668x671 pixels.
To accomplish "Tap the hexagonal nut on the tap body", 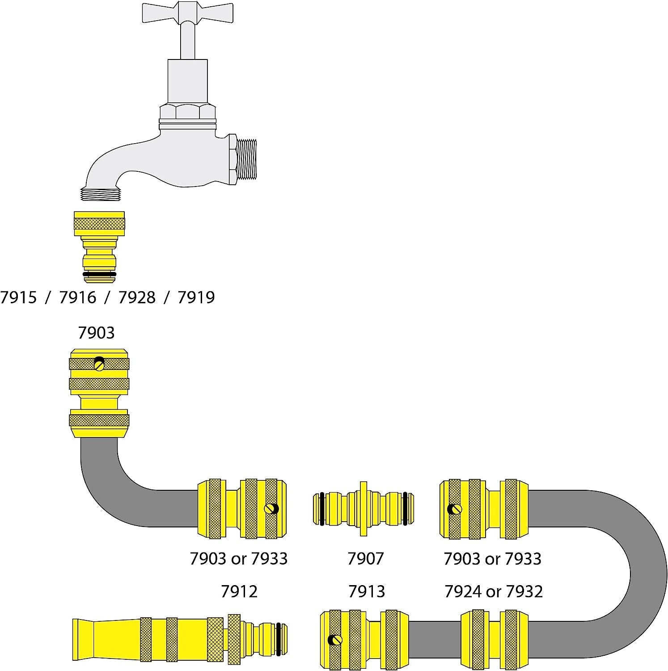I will (187, 111).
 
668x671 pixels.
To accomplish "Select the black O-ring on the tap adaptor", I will (99, 274).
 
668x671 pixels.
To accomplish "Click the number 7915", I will (18, 297).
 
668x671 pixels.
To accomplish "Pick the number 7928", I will (137, 297).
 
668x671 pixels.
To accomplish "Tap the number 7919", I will (196, 297).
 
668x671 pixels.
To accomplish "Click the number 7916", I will (78, 297).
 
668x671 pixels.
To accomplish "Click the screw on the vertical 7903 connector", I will (99, 365).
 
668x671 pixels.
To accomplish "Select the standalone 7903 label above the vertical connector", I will (96, 333).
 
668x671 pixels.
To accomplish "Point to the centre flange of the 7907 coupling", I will (363, 509).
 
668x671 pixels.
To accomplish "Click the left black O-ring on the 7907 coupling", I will (321, 509).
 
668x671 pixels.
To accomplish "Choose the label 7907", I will (365, 558).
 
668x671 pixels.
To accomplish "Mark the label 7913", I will (366, 591).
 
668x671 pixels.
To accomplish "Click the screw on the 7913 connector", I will (333, 640).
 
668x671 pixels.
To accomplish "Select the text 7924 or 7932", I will (493, 591).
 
